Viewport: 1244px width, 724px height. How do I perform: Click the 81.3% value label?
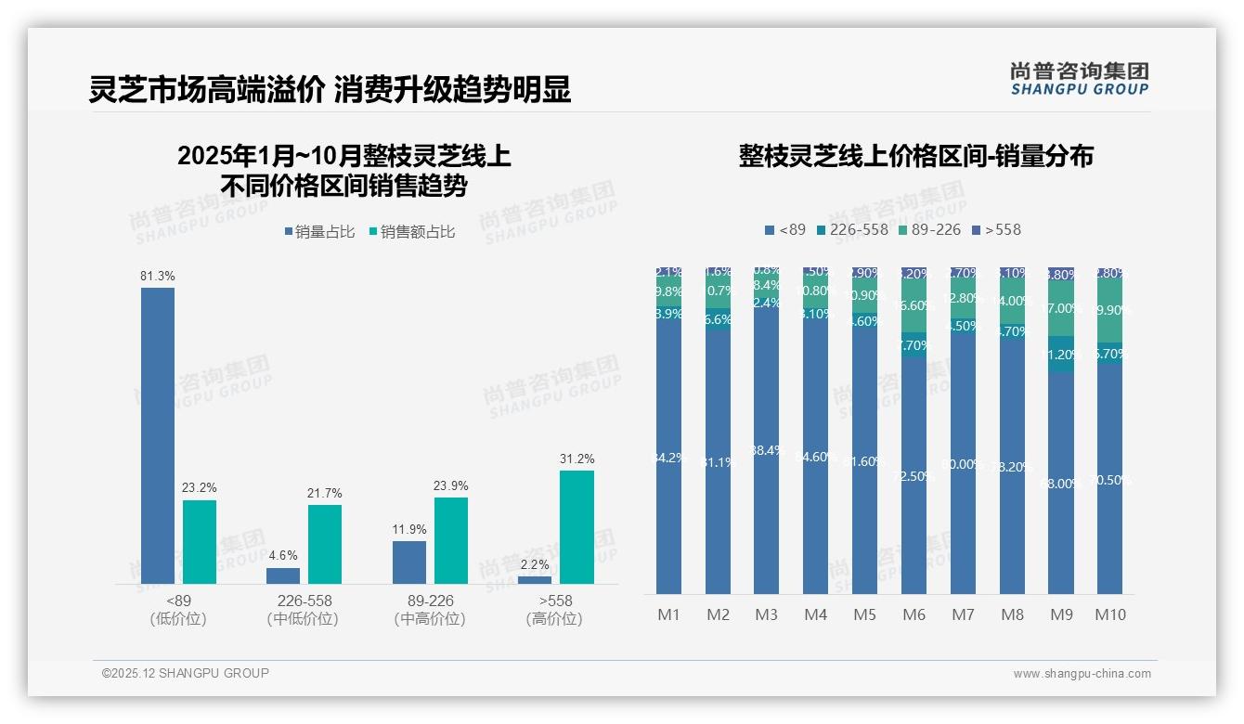pos(158,277)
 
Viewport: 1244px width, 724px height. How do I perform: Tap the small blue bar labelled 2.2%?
pos(535,580)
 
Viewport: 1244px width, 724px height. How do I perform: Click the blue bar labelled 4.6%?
pos(283,575)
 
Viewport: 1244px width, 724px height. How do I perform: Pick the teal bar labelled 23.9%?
pos(451,540)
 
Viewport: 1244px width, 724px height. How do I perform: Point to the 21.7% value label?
pos(325,493)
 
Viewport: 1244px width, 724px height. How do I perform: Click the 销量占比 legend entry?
pos(320,232)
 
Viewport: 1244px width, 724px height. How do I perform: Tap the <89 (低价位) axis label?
pos(178,610)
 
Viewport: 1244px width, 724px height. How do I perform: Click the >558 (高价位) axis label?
pos(554,610)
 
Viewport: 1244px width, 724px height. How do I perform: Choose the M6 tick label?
pos(914,614)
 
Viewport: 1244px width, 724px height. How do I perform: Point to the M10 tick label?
pos(1109,614)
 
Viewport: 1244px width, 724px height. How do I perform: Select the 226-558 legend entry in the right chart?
pos(852,229)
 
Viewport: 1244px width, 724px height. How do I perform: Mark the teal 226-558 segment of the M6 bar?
pos(914,345)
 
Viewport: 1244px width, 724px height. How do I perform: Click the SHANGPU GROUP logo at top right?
pos(1079,78)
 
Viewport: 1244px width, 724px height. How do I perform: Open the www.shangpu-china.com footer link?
pos(1082,674)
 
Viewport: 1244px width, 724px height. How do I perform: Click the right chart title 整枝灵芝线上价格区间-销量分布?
pos(915,156)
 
